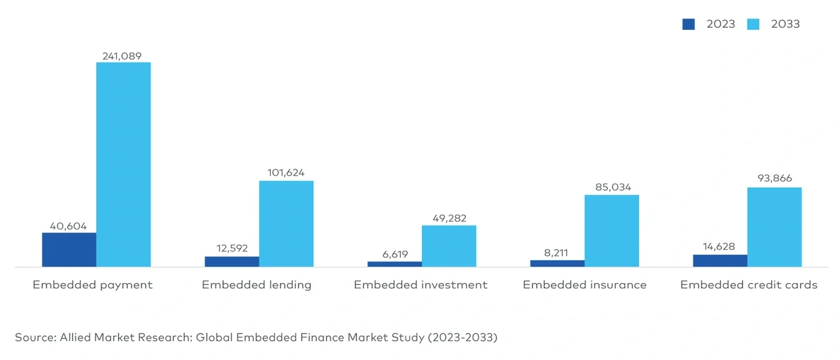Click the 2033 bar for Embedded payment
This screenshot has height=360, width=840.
click(x=123, y=164)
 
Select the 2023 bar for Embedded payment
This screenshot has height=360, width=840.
click(x=69, y=249)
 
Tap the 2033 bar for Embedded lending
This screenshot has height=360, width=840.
click(x=286, y=224)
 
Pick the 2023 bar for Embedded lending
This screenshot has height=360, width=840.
click(x=232, y=262)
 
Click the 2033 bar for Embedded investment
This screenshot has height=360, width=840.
click(x=449, y=246)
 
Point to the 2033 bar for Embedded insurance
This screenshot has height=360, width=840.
click(x=612, y=231)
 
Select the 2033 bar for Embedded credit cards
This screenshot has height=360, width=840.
click(x=774, y=227)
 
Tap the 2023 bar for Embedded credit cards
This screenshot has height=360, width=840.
click(x=720, y=260)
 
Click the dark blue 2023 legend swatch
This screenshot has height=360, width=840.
click(x=689, y=25)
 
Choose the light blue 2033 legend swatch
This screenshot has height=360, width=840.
click(x=753, y=25)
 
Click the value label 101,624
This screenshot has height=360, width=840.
click(x=286, y=173)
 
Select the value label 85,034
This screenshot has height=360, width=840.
click(x=611, y=187)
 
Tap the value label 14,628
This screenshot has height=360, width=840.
click(x=719, y=247)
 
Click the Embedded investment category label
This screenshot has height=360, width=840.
click(x=421, y=285)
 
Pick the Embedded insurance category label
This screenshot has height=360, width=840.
click(x=584, y=285)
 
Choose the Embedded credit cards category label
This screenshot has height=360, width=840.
click(x=748, y=285)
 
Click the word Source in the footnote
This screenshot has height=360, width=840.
click(x=35, y=337)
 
